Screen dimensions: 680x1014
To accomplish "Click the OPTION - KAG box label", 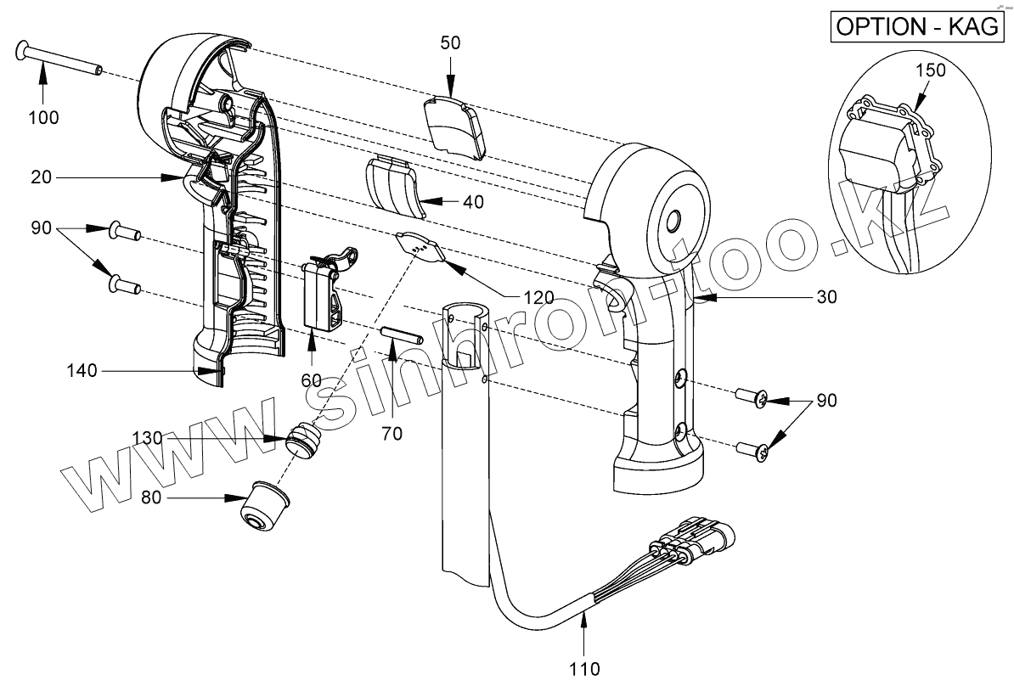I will (918, 26).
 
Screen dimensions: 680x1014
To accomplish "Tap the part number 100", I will (42, 117).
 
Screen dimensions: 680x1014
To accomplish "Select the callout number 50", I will (450, 43).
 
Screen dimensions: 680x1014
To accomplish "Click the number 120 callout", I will (538, 297).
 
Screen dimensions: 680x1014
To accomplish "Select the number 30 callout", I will (825, 297).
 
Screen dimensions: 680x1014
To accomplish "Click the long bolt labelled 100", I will (59, 60).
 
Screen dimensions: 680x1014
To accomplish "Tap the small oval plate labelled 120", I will (420, 249).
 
